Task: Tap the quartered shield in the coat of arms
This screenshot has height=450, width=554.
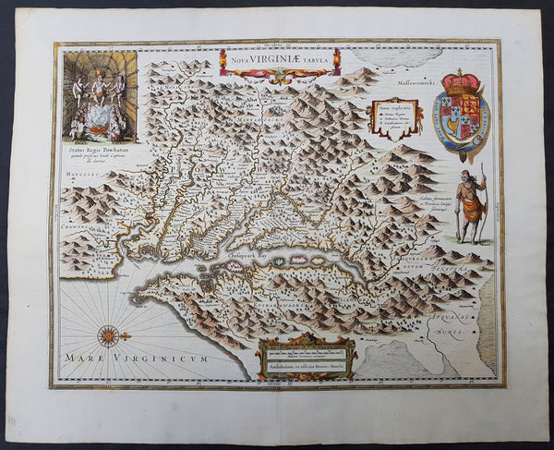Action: point(463,114)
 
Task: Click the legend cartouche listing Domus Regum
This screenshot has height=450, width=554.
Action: point(394,117)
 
